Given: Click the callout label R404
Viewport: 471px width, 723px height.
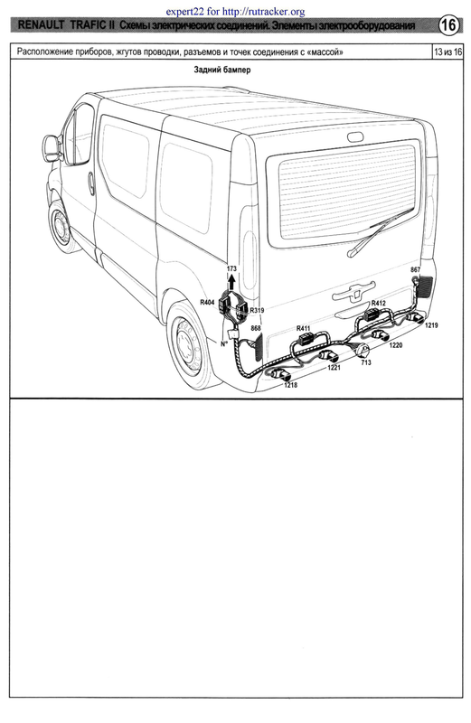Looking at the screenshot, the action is pos(207,303).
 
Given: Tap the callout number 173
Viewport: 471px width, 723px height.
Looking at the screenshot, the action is pos(231,268).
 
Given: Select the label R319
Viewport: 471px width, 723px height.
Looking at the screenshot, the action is pos(257,310).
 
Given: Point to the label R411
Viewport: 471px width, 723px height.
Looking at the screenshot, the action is pos(303,328).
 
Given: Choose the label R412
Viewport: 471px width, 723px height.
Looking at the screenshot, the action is pos(378,304).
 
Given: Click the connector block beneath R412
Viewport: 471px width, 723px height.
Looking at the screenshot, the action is pos(372,315).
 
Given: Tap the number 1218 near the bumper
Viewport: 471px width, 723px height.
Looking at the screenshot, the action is pos(290,385).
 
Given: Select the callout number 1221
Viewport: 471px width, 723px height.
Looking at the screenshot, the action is pos(334,368).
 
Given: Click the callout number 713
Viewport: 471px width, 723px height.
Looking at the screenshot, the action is pos(366,362).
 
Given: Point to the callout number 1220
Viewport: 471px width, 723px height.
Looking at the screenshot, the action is pos(395,345).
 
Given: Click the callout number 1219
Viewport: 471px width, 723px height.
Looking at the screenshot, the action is pos(431,325).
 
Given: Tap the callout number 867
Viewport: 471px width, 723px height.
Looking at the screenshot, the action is pos(415,269).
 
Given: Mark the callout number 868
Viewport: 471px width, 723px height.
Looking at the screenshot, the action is pos(255,328).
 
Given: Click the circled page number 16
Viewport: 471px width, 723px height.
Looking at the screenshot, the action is pos(448,25).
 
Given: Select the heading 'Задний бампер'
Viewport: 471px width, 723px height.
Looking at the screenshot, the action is pos(222,70).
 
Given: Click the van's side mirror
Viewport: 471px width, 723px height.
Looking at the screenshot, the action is pos(52,148).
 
